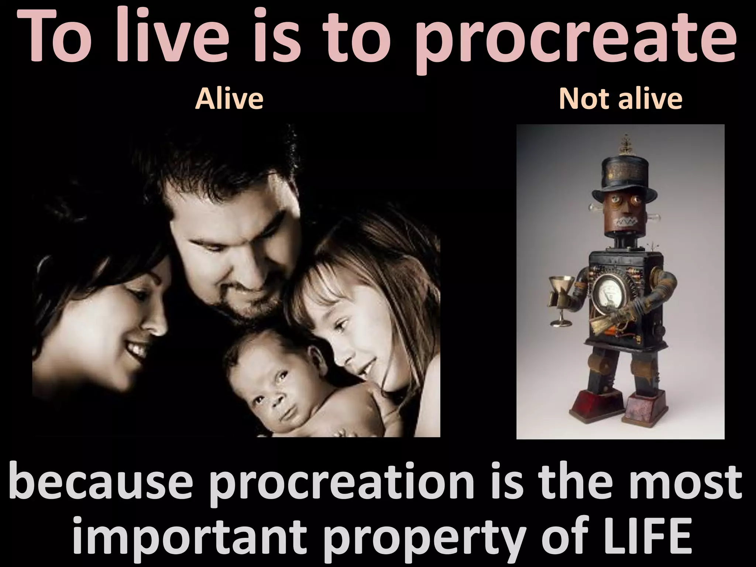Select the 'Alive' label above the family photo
229,99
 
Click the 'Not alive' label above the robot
621,99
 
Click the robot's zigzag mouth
625,222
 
